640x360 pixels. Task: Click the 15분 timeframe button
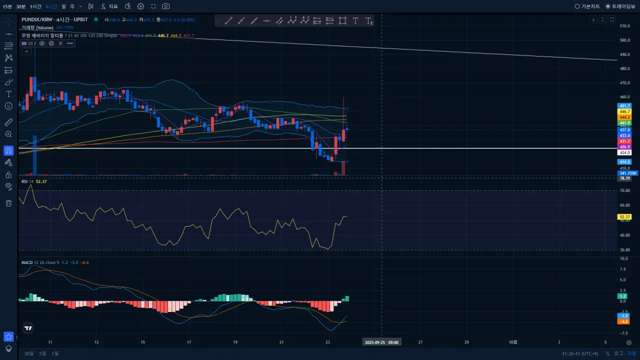coord(7,6)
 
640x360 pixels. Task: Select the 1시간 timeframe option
coord(36,6)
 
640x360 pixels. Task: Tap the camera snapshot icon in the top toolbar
coord(166,6)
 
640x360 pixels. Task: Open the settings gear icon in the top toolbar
coord(140,6)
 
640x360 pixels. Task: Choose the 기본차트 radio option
coord(587,6)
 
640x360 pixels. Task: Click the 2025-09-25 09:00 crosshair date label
coord(381,342)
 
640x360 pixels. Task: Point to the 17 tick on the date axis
coord(189,342)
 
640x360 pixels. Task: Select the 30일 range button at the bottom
coord(29,354)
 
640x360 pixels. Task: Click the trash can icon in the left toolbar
coord(9,203)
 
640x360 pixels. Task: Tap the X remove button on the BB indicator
coord(60,43)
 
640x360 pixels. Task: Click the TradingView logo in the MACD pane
coord(28,329)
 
